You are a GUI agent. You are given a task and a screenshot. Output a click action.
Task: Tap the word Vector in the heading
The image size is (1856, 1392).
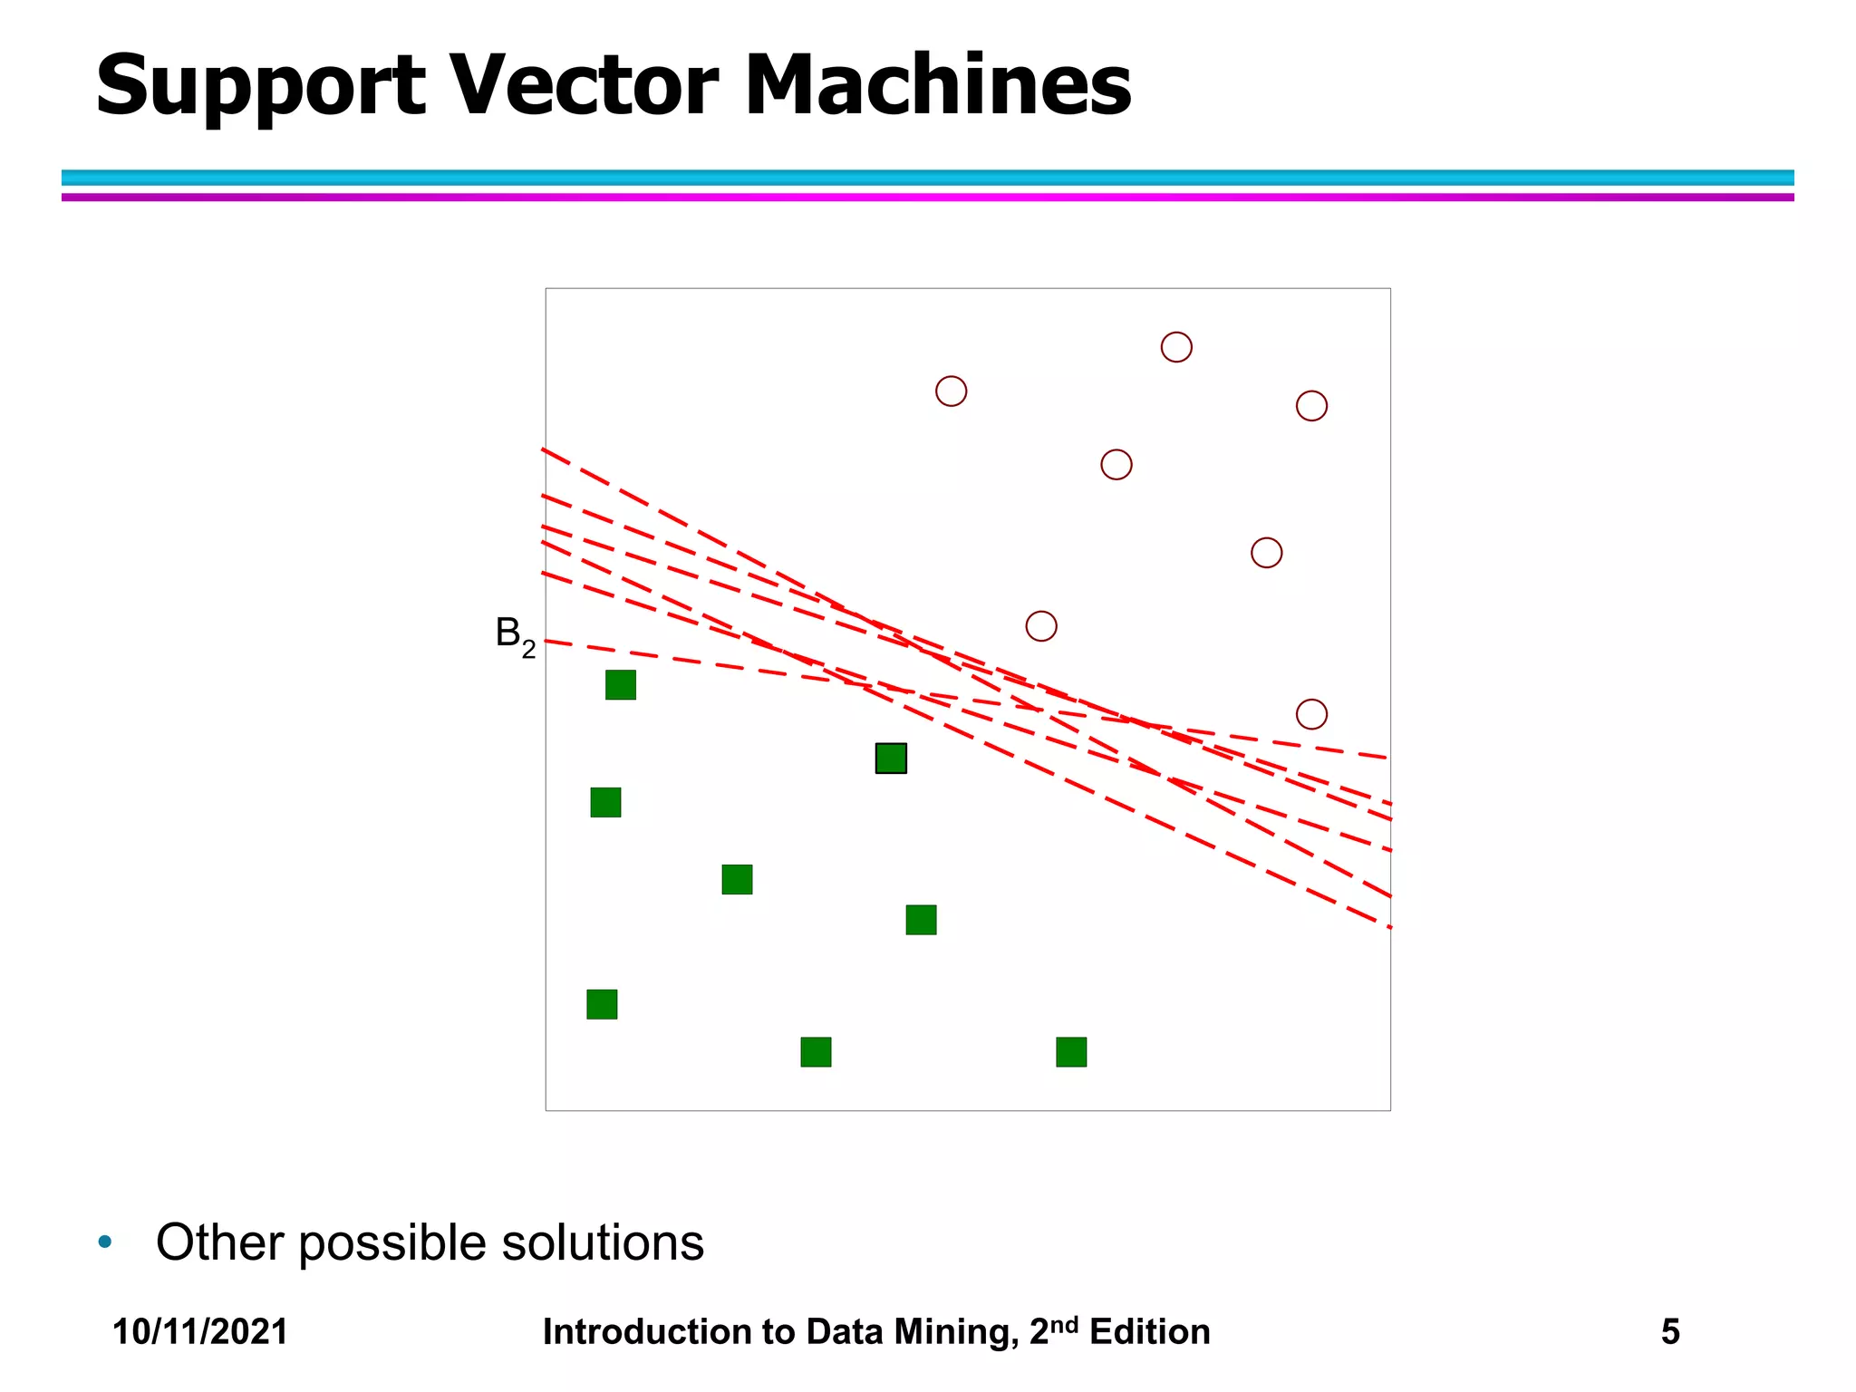coord(584,85)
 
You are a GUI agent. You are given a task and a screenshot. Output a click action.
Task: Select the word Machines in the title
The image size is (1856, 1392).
coord(937,85)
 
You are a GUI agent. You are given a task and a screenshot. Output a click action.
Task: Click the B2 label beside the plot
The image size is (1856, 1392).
coord(515,635)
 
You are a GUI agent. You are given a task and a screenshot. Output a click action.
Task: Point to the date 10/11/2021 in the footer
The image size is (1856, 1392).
coord(200,1332)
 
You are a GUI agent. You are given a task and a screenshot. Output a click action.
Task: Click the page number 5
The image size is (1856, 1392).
coord(1670,1332)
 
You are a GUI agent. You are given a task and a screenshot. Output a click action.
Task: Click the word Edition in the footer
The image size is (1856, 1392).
coord(1149,1332)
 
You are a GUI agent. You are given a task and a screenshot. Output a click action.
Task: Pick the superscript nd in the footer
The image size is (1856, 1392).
coord(1065,1324)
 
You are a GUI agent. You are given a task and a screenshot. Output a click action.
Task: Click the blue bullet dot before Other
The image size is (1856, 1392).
coord(105,1242)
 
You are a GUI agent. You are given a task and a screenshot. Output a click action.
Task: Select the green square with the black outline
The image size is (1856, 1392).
coord(891,759)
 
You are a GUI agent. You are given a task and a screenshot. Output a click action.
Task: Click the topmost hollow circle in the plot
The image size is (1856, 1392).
coord(1176,347)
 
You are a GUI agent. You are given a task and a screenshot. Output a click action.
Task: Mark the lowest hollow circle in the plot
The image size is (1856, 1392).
coord(1311,714)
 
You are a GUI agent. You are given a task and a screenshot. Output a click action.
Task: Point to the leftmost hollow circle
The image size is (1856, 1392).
coord(951,391)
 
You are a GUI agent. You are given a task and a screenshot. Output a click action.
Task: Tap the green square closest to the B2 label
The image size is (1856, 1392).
coord(621,685)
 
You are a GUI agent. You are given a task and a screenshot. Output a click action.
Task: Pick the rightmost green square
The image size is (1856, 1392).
coord(1071,1052)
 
